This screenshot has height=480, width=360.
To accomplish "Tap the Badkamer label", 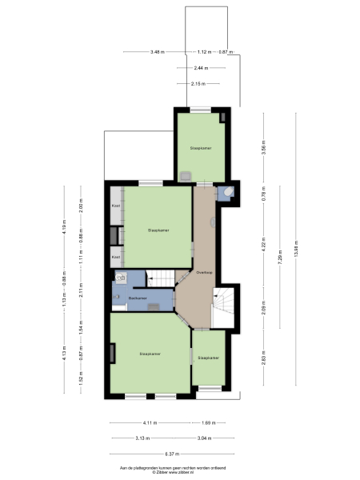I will point(137,298).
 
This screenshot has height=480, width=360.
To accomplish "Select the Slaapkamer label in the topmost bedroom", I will point(200,148).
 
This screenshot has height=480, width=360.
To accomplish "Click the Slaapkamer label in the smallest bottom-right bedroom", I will point(209,358).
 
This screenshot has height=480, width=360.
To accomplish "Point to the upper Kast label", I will point(115,205).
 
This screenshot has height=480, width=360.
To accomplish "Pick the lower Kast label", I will point(115,257).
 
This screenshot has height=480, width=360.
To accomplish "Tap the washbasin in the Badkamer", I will point(121,278).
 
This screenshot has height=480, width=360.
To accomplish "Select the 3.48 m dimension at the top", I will point(157,52).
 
